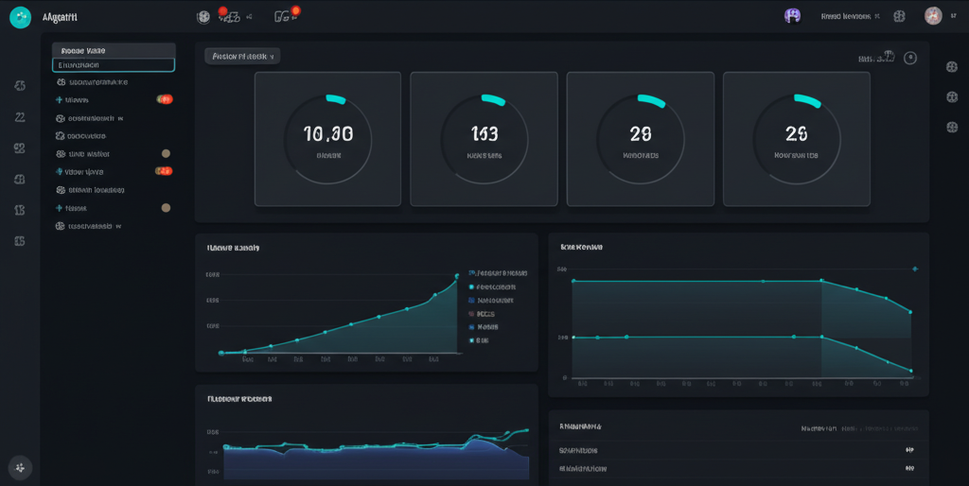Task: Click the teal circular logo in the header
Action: click(x=20, y=17)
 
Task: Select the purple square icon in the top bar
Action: click(x=793, y=15)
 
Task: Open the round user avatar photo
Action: click(x=933, y=16)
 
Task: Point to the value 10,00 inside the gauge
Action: click(x=328, y=134)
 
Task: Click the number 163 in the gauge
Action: click(x=484, y=134)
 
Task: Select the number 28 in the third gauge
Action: click(x=640, y=134)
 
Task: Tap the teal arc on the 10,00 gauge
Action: click(x=336, y=98)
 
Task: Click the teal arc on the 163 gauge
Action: click(x=493, y=98)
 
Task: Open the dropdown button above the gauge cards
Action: click(x=242, y=57)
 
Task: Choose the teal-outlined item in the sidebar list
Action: click(x=114, y=65)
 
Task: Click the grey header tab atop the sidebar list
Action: click(x=114, y=50)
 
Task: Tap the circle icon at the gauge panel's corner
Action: click(x=910, y=58)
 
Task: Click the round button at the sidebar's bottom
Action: click(x=20, y=467)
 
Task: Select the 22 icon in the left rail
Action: click(x=19, y=117)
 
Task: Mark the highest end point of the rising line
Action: click(x=458, y=275)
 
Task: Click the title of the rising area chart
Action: click(x=234, y=248)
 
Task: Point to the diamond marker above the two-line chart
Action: click(x=914, y=269)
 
